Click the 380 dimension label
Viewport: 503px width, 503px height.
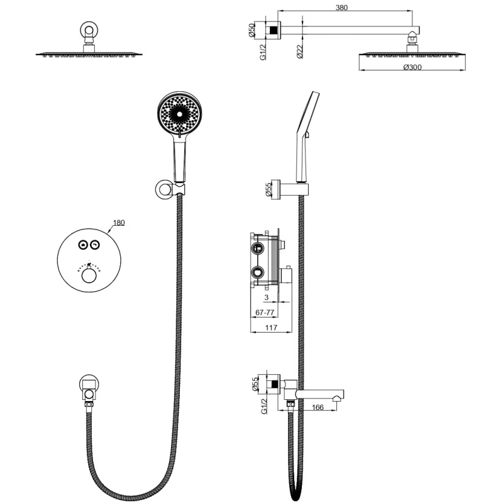tap(341, 8)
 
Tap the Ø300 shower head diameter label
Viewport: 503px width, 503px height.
tap(412, 67)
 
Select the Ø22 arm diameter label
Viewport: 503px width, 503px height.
tap(300, 52)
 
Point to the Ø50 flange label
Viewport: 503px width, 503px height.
tap(251, 30)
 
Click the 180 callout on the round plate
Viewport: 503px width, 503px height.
tap(119, 223)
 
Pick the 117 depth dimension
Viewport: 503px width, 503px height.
tap(271, 328)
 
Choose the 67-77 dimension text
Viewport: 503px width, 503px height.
tap(265, 312)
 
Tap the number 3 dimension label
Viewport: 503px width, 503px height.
tap(266, 297)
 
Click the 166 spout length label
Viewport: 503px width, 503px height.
tap(318, 407)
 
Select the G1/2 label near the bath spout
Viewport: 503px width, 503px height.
tap(264, 406)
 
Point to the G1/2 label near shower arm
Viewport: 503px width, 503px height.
tap(263, 52)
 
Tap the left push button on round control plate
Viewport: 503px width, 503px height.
tap(83, 245)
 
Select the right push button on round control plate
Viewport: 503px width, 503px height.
tap(95, 245)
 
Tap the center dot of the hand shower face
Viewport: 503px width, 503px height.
tap(179, 114)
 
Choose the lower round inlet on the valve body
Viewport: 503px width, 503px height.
tap(257, 273)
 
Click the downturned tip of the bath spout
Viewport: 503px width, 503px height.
tap(336, 399)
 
